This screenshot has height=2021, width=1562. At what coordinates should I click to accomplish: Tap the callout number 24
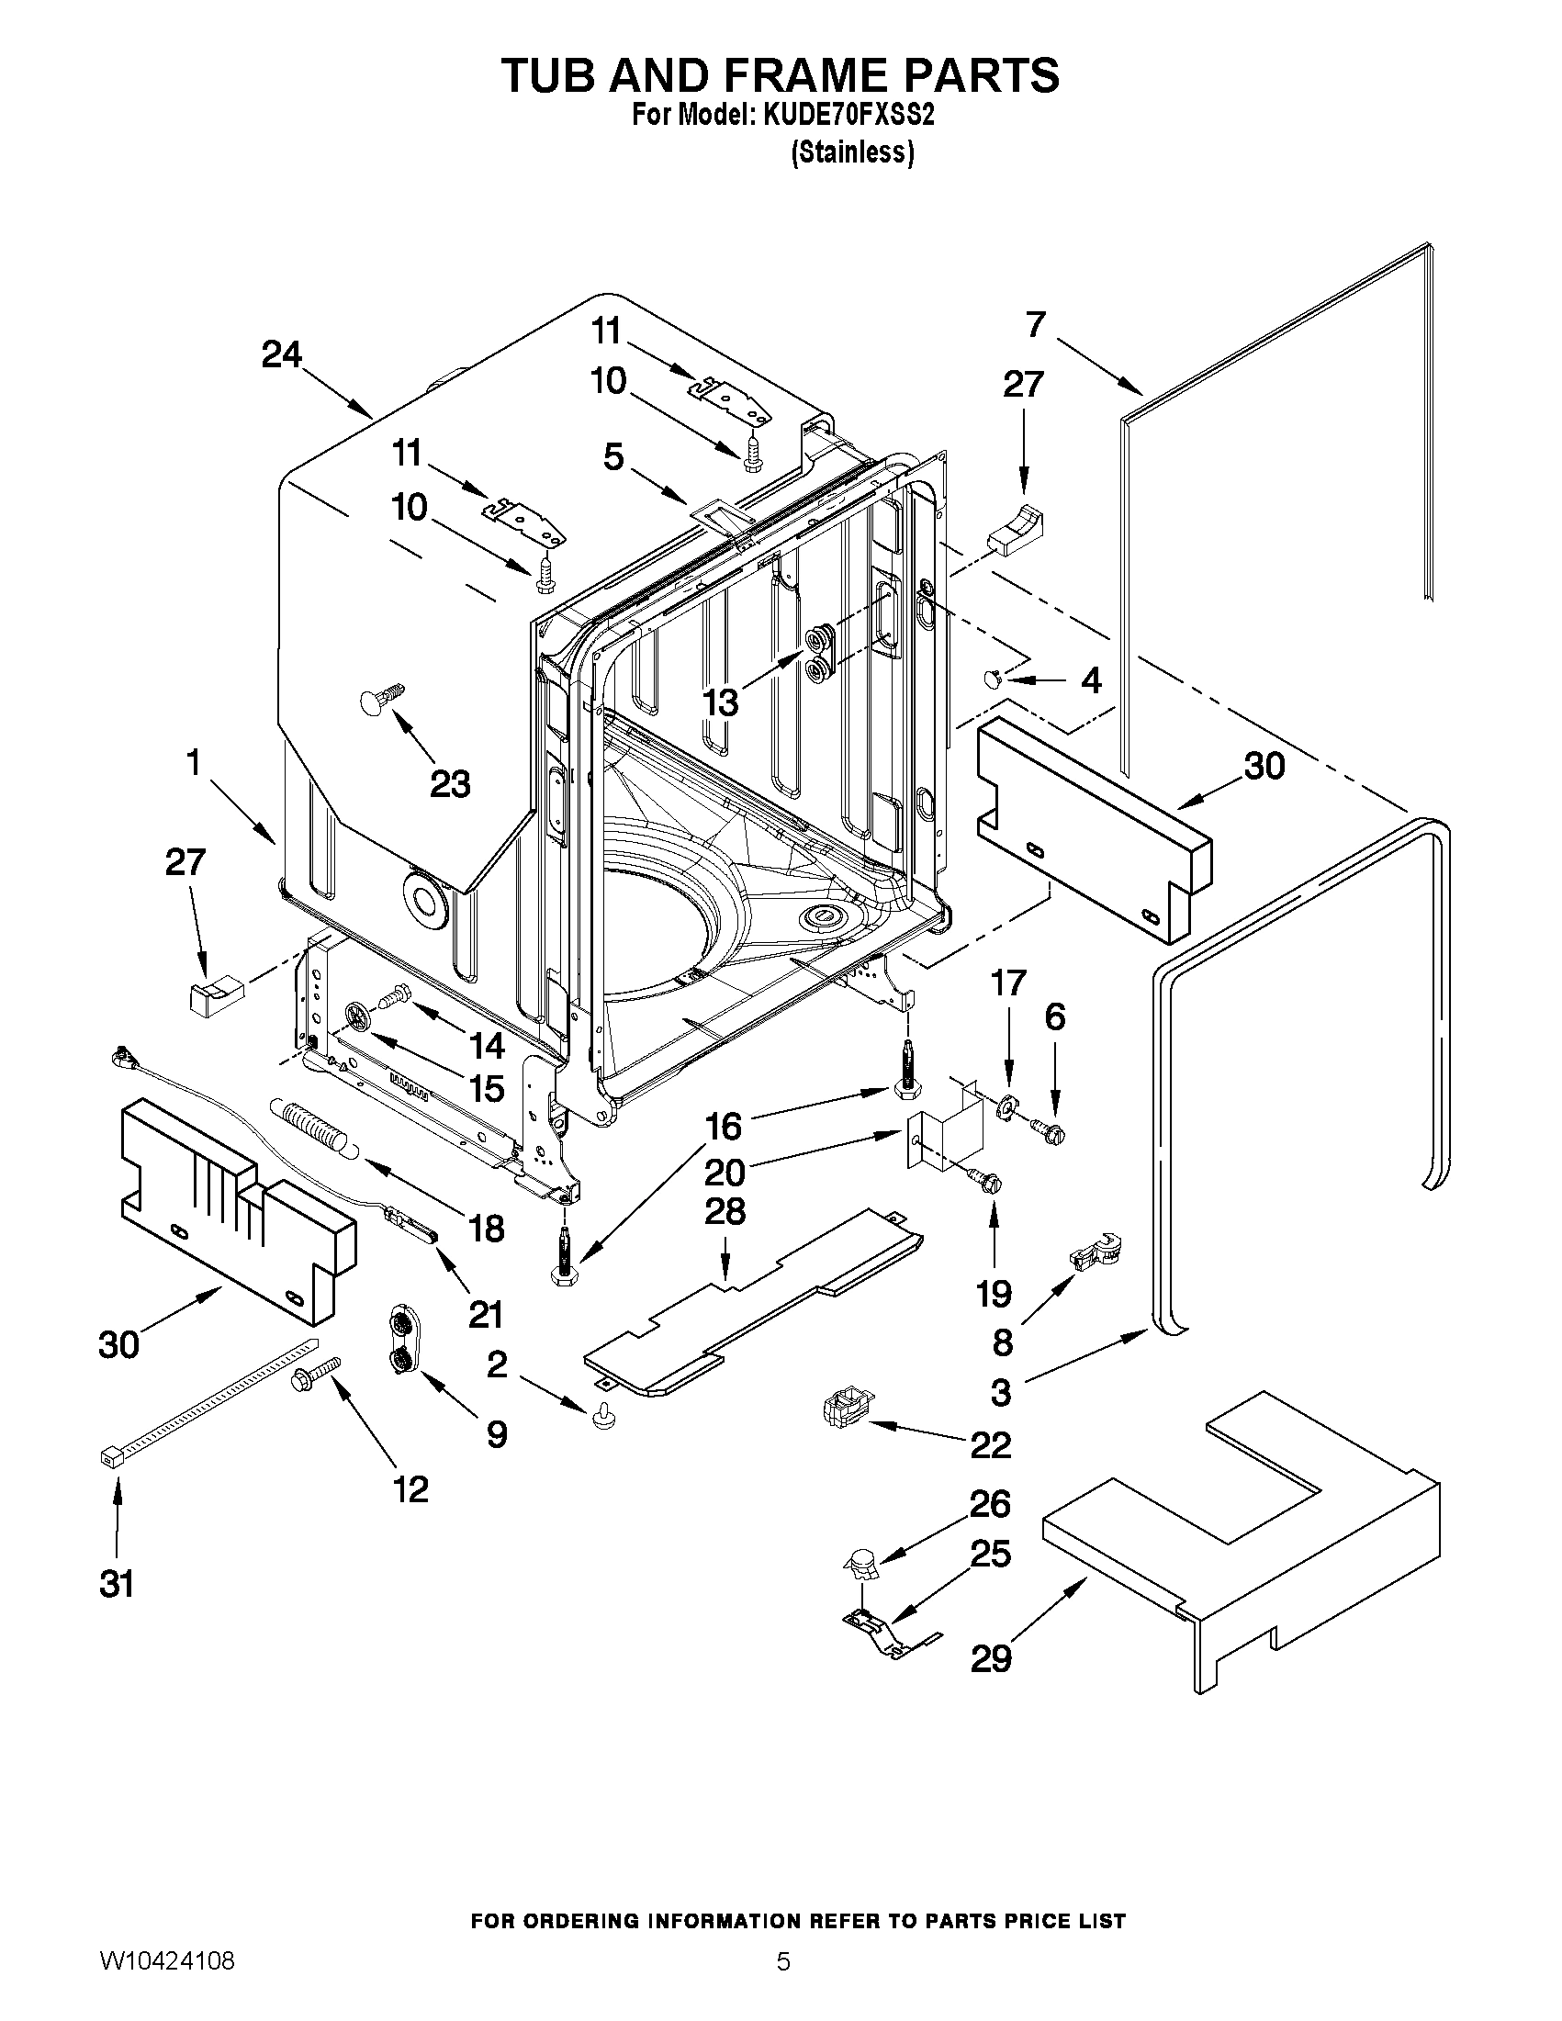[281, 354]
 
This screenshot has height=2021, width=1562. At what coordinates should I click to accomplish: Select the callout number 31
[117, 1584]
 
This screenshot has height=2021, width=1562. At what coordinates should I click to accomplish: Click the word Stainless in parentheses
[852, 152]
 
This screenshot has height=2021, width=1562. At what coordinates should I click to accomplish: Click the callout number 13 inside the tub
[721, 702]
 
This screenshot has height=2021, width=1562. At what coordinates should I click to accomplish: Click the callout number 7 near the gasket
[1036, 324]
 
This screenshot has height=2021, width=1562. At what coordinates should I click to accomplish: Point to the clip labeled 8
[1094, 1254]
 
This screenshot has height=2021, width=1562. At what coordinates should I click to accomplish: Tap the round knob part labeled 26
[861, 1564]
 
